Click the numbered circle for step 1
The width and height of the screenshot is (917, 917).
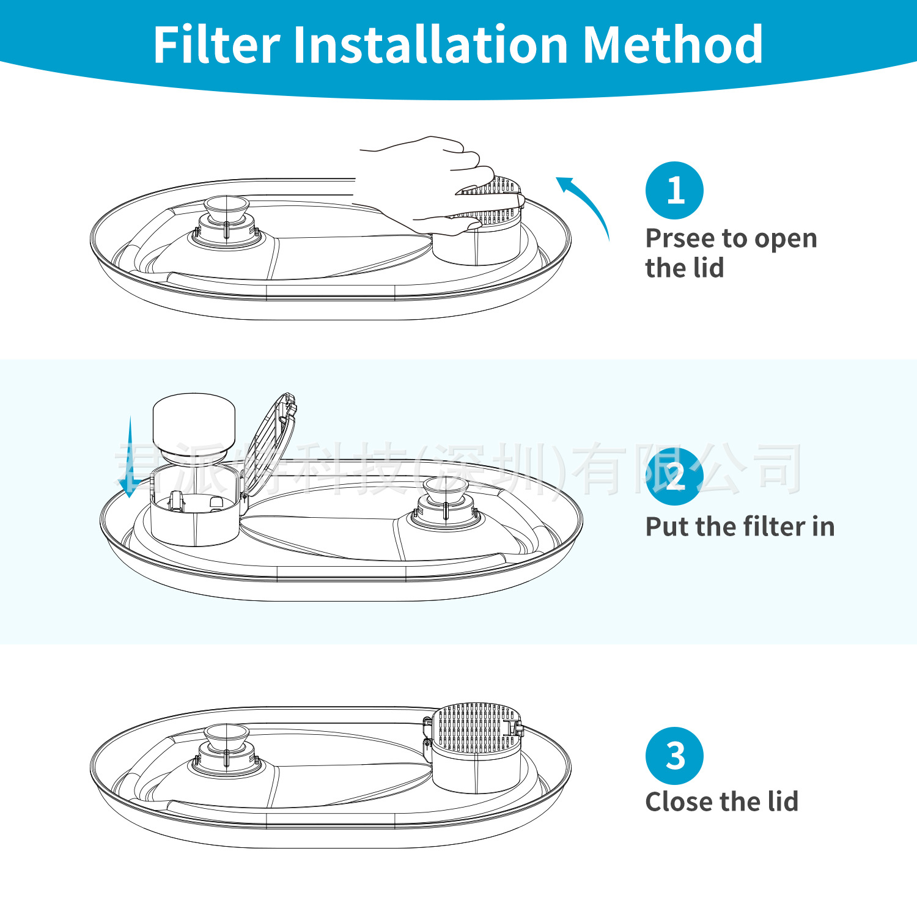(x=674, y=190)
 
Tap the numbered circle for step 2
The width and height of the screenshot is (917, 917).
(x=674, y=476)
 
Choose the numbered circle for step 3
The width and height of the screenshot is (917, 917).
(x=674, y=756)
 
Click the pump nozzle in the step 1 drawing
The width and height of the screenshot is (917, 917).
(x=226, y=211)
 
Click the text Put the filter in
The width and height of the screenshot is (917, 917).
(x=740, y=527)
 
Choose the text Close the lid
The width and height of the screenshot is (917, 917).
(x=721, y=802)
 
